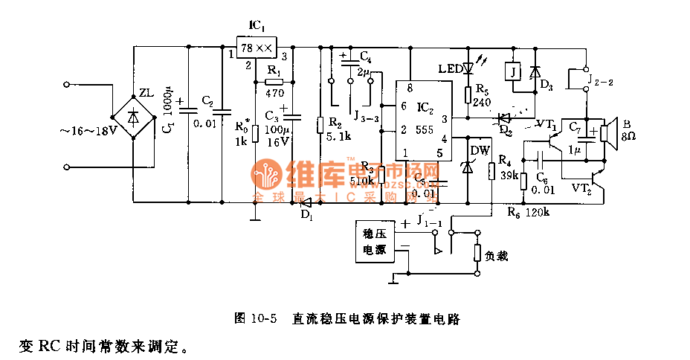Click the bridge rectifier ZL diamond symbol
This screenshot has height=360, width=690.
(134, 116)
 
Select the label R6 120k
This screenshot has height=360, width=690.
(528, 212)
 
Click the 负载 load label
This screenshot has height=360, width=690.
(497, 255)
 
